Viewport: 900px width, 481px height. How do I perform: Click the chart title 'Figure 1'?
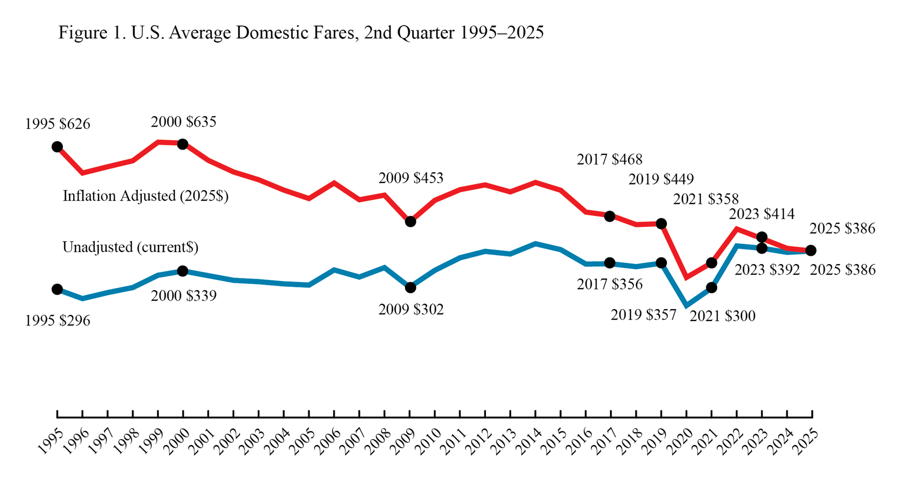pyautogui.click(x=300, y=33)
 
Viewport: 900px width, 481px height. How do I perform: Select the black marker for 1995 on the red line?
pyautogui.click(x=57, y=147)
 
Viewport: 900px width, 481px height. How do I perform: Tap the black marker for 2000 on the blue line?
pyautogui.click(x=183, y=271)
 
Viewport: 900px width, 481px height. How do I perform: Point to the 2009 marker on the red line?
pyautogui.click(x=410, y=221)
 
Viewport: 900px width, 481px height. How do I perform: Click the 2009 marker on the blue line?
pyautogui.click(x=410, y=287)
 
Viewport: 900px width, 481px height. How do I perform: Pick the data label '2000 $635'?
pyautogui.click(x=183, y=122)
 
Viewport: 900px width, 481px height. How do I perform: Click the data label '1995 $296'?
pyautogui.click(x=57, y=320)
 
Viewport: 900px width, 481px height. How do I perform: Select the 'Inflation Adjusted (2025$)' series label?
pyautogui.click(x=145, y=196)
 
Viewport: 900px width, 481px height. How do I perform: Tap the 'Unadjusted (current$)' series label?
pyautogui.click(x=130, y=247)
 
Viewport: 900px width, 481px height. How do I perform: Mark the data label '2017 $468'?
pyautogui.click(x=609, y=159)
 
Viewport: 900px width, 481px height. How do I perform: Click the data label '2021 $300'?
pyautogui.click(x=722, y=316)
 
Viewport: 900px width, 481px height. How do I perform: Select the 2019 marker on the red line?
pyautogui.click(x=661, y=223)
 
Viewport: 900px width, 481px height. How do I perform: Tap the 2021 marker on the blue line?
pyautogui.click(x=711, y=287)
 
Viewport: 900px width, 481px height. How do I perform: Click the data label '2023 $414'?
pyautogui.click(x=761, y=214)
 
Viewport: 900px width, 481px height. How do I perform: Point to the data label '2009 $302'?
pyautogui.click(x=411, y=309)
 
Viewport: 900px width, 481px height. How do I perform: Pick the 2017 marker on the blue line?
pyautogui.click(x=609, y=263)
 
